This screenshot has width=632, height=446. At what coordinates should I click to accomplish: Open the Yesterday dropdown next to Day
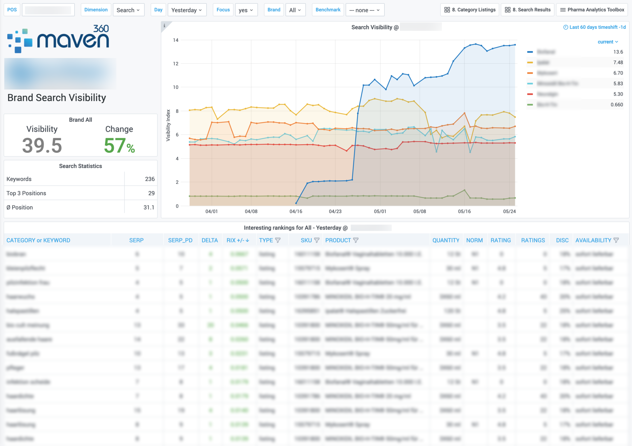pos(187,10)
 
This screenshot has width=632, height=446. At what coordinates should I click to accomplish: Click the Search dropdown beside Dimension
pos(128,10)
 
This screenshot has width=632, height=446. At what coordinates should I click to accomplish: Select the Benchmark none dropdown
pos(364,10)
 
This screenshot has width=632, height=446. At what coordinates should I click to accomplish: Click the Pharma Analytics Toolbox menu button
pos(592,10)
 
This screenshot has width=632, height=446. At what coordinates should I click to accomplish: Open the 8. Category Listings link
pos(470,10)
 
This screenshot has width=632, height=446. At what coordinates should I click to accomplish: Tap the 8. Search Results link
pos(527,10)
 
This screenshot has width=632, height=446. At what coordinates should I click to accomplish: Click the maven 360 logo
pos(58,39)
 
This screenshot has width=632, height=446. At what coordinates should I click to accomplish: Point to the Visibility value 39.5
pos(42,146)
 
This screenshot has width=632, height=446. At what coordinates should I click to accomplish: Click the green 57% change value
pos(119,146)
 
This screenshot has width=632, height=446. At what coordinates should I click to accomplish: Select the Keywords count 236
pos(150,179)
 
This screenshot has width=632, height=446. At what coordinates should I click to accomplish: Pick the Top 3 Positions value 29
pos(151,193)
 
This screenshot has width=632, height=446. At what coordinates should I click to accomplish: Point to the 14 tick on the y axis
pos(176,40)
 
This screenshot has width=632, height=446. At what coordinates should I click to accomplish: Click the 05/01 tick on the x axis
pos(380,211)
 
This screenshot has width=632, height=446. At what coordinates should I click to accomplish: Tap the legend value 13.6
pos(618,52)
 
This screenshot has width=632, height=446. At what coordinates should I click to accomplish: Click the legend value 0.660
pos(617,105)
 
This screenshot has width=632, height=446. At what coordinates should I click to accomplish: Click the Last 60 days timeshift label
pos(594,27)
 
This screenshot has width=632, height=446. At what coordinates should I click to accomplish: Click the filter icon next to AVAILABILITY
pos(616,240)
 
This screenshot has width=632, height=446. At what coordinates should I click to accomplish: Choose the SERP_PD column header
pos(180,240)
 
